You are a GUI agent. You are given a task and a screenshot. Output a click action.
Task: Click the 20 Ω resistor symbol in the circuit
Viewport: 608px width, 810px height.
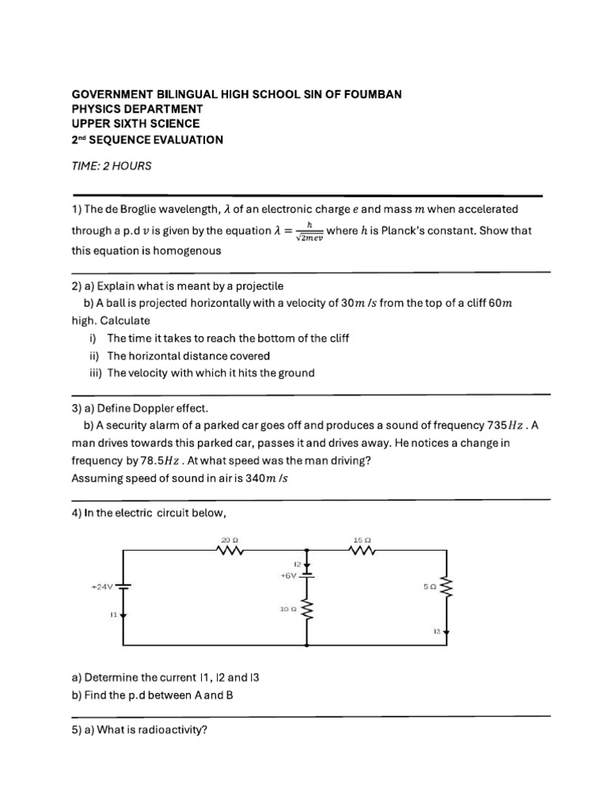(230, 551)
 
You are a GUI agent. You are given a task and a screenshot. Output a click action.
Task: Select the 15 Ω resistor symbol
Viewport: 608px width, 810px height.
(362, 551)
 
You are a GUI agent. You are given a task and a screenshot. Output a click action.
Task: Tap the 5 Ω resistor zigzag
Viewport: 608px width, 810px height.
(446, 589)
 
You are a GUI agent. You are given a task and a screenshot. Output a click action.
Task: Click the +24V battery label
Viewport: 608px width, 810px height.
(103, 587)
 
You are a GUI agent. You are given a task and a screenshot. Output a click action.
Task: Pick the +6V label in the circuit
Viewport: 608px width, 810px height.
(287, 576)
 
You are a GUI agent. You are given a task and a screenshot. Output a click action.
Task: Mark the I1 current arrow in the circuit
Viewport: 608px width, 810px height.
(123, 613)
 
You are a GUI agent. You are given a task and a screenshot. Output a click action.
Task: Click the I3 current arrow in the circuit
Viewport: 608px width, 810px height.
(446, 631)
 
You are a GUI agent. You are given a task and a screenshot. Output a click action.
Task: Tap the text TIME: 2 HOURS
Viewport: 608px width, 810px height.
(111, 167)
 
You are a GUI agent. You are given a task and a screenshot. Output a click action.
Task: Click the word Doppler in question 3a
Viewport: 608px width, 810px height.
(163, 408)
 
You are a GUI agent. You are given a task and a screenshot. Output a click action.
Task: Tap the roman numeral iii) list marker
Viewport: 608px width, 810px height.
(96, 373)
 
